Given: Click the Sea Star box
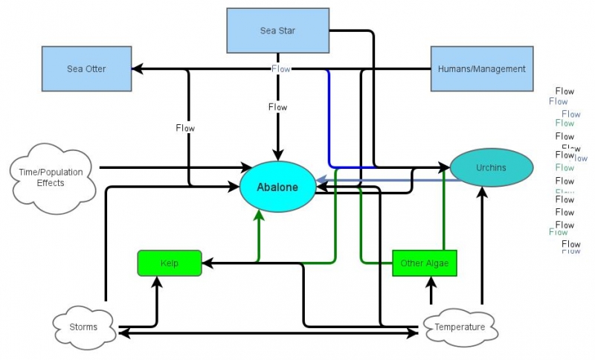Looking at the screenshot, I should pyautogui.click(x=277, y=30).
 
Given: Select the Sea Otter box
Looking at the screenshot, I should pyautogui.click(x=87, y=68).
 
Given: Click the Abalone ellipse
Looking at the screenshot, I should pyautogui.click(x=278, y=187).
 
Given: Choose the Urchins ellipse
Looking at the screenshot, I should pyautogui.click(x=491, y=167).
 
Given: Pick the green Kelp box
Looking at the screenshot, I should pyautogui.click(x=170, y=263).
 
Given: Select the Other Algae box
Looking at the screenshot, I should pyautogui.click(x=424, y=263).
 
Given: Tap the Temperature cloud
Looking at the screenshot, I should pyautogui.click(x=460, y=327).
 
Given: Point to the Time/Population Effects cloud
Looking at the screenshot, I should pyautogui.click(x=51, y=176).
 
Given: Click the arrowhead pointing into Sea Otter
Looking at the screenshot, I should pyautogui.click(x=137, y=69).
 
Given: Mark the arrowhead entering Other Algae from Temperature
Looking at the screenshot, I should pyautogui.click(x=431, y=281).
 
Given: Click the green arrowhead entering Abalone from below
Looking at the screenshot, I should pyautogui.click(x=259, y=216).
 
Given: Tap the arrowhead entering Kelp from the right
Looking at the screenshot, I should pyautogui.click(x=208, y=263).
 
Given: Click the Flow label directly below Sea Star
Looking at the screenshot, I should pyautogui.click(x=277, y=107).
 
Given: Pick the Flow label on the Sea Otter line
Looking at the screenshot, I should pyautogui.click(x=185, y=128).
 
